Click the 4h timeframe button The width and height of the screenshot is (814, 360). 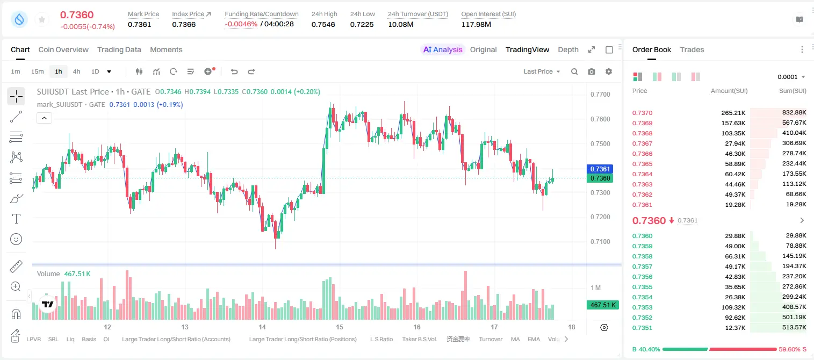pos(76,71)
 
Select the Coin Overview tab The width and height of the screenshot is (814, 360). pos(63,50)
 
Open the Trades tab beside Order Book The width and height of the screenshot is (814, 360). pos(692,50)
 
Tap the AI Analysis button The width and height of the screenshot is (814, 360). pos(443,50)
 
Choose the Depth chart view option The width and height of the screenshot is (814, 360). pos(568,50)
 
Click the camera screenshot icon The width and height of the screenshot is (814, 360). pos(592,71)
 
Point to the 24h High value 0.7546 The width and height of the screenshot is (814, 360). pos(323,24)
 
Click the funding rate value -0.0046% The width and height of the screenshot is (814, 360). pos(241,24)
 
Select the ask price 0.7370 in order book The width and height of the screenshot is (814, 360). pos(642,113)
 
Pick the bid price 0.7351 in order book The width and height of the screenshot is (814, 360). pos(642,328)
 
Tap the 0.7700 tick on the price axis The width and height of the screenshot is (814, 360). pos(600,95)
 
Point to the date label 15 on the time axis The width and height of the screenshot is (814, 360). pos(340,327)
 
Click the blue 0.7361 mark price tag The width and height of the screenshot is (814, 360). pos(600,169)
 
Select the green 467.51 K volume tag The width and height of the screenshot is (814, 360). pos(603,305)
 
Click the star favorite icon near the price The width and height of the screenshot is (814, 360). pos(42,20)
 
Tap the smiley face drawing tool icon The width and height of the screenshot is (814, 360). pos(16,239)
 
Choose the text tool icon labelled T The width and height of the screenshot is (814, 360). pos(16,219)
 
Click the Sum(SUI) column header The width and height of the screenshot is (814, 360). pos(793,91)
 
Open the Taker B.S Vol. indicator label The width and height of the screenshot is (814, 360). pos(419,339)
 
